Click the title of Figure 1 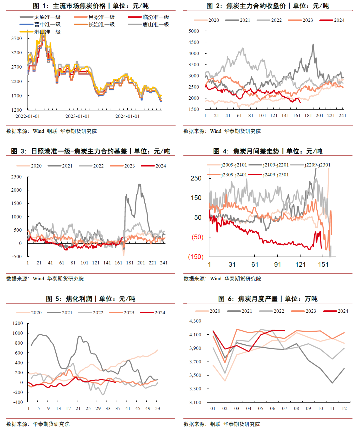pos(91,6)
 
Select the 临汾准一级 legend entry pos(156,17)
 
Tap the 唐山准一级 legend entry pos(156,24)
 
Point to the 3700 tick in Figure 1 pos(17,38)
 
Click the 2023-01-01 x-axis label pos(77,116)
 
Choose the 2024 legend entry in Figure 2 pos(339,20)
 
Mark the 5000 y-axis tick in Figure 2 pos(194,31)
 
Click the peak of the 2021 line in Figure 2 pos(313,44)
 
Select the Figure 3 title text pos(90,151)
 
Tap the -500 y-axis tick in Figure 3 pos(16,256)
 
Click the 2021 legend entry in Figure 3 pos(67,166)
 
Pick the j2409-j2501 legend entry pos(276,175)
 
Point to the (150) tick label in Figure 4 pos(196,257)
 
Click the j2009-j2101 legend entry pos(234,165)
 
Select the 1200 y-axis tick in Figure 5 pos(18,323)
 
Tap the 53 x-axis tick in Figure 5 pos(157,408)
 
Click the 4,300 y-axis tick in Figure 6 pos(195,321)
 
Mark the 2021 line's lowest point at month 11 pos(332,383)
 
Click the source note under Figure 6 pos(222,424)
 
